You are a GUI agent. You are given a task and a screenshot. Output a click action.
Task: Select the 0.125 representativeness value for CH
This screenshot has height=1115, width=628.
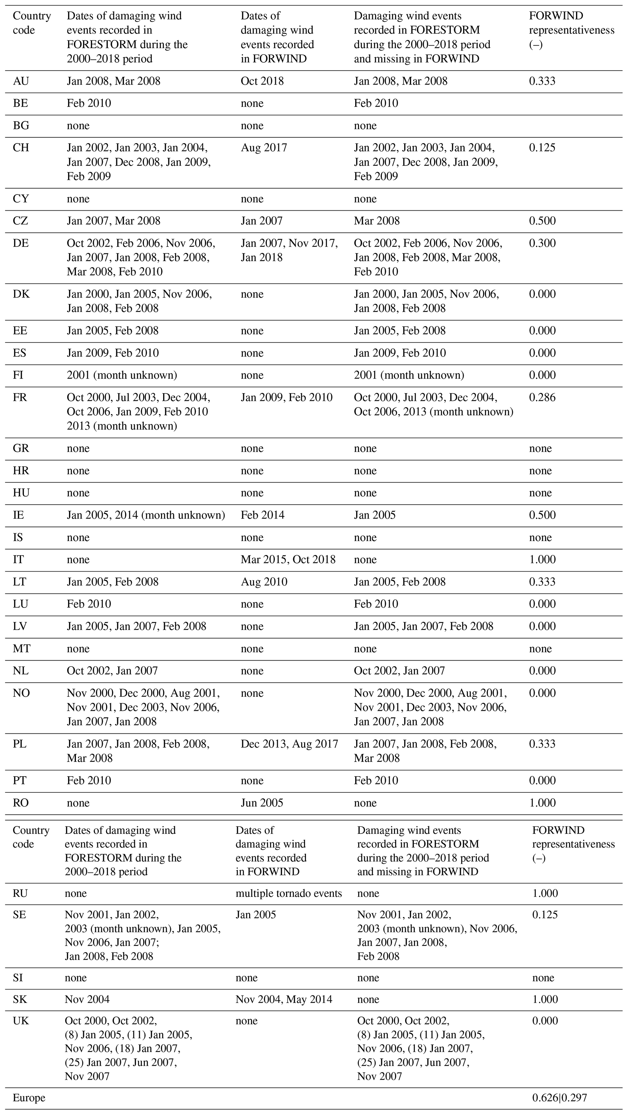pos(542,148)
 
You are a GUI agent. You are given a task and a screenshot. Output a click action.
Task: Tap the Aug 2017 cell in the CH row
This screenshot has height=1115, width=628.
pos(264,148)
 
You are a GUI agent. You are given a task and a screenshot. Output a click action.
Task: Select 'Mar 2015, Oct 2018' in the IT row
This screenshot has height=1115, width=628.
pos(288,560)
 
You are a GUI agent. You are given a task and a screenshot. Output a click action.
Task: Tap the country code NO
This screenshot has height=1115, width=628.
pos(21,693)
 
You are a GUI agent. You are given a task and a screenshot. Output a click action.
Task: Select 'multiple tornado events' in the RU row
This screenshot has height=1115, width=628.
pos(289,893)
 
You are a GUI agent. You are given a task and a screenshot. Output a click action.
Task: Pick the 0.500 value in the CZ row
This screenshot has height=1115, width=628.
pos(542,221)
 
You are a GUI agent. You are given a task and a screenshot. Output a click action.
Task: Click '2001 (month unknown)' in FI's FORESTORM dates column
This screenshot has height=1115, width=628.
pos(122,375)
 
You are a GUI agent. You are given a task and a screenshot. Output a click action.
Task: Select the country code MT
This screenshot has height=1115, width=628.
pos(22,648)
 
